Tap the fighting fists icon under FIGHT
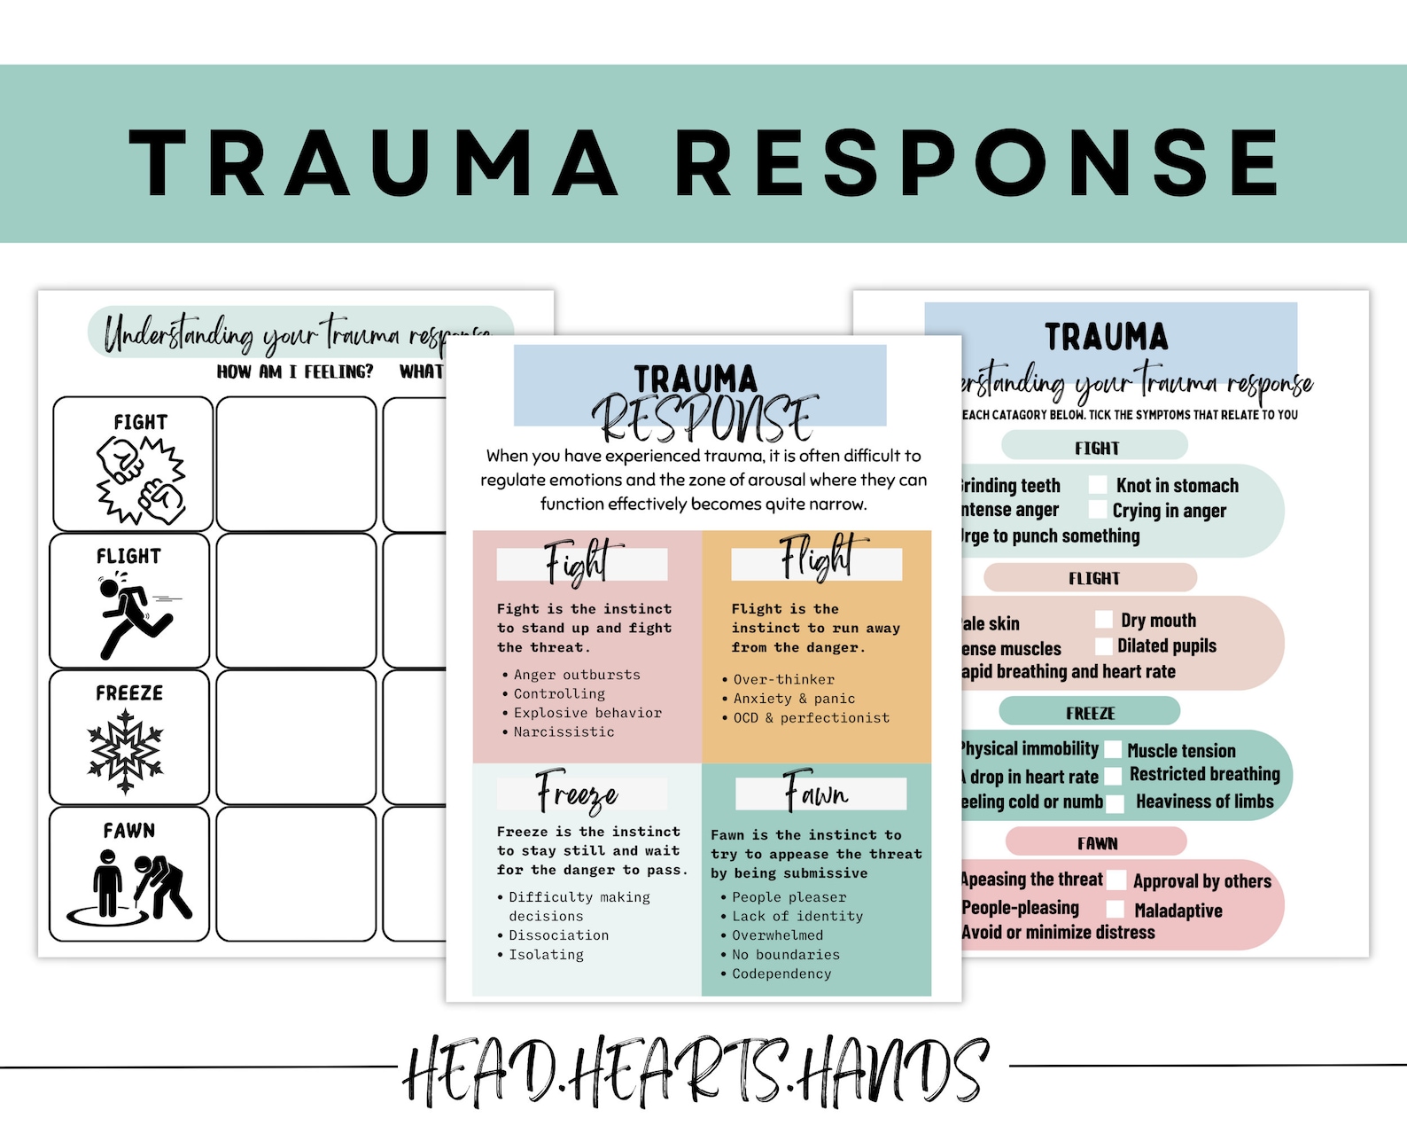point(141,480)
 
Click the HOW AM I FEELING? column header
point(295,371)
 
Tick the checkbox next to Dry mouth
point(1104,619)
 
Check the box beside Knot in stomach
point(1098,484)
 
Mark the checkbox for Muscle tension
point(1113,750)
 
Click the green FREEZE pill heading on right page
point(1090,712)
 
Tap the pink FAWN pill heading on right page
point(1097,842)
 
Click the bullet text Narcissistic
point(564,731)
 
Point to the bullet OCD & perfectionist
point(811,717)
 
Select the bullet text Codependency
point(781,974)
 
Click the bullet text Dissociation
point(558,934)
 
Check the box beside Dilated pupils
point(1104,645)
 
